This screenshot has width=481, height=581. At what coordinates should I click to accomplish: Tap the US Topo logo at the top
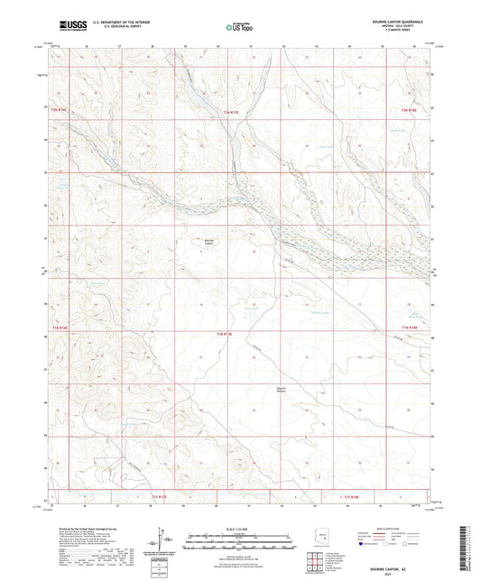tap(239, 27)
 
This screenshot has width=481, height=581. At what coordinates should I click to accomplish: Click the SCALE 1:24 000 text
tap(239, 528)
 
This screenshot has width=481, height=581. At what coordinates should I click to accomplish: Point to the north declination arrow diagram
tap(164, 543)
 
